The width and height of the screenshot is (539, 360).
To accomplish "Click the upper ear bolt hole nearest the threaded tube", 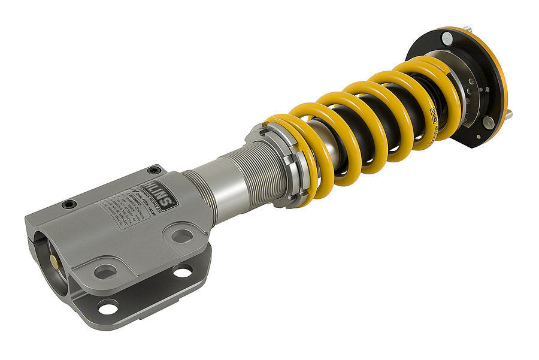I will pos(182,235).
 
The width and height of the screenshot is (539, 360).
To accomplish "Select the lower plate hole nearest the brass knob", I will pos(108,308).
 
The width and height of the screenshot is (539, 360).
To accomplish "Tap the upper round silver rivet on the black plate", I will pos(447,38).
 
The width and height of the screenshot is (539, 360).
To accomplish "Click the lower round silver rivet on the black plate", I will pos(488,123).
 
